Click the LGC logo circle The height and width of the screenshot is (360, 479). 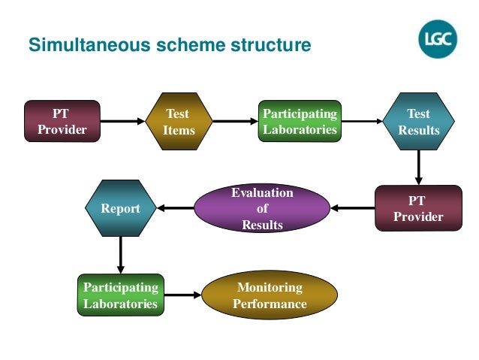pyautogui.click(x=438, y=39)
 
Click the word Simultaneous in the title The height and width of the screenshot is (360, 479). pyautogui.click(x=89, y=44)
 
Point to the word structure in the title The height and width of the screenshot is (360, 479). pyautogui.click(x=271, y=45)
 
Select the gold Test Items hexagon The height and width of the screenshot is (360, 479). pyautogui.click(x=179, y=122)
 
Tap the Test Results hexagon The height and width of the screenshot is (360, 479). pyautogui.click(x=418, y=122)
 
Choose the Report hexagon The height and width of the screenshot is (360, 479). pyautogui.click(x=121, y=208)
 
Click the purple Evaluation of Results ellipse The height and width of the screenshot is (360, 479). pyautogui.click(x=262, y=208)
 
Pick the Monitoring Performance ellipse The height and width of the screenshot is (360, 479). pyautogui.click(x=270, y=295)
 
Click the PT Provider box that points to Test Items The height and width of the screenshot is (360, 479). pyautogui.click(x=62, y=121)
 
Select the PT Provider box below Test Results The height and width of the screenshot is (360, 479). pyautogui.click(x=418, y=208)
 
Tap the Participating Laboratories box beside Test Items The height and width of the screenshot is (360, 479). pyautogui.click(x=300, y=121)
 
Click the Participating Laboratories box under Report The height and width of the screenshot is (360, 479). pyautogui.click(x=121, y=295)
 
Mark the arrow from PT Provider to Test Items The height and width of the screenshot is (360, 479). pyautogui.click(x=123, y=122)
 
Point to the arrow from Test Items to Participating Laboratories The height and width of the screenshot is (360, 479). pyautogui.click(x=236, y=122)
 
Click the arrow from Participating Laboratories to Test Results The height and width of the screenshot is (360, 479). pyautogui.click(x=362, y=122)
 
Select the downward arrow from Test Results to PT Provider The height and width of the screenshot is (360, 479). pyautogui.click(x=418, y=168)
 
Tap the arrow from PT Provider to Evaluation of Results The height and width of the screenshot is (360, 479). pyautogui.click(x=353, y=208)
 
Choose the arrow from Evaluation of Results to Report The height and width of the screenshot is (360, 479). pyautogui.click(x=176, y=208)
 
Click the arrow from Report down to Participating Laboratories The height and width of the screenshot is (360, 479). pyautogui.click(x=121, y=255)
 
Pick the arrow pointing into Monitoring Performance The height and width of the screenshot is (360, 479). pyautogui.click(x=183, y=295)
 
